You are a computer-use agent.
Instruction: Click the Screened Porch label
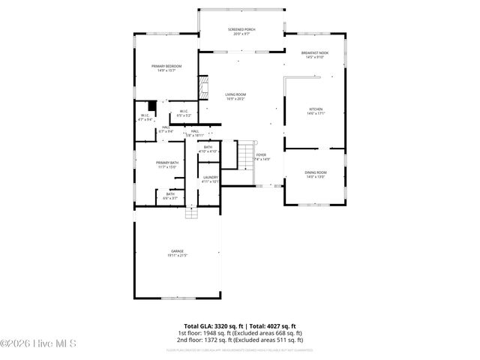click(241, 31)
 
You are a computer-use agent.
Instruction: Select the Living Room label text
click(236, 96)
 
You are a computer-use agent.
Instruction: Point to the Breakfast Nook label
click(316, 54)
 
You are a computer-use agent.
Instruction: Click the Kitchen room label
click(316, 111)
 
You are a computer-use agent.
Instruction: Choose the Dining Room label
click(316, 174)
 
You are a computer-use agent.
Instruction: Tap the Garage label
click(177, 253)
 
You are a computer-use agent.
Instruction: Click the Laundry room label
click(210, 179)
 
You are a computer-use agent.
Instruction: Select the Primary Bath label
click(167, 164)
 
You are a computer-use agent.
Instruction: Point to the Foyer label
click(261, 157)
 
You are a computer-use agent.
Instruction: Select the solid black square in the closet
click(151, 106)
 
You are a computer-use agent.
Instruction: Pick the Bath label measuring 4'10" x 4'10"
click(208, 149)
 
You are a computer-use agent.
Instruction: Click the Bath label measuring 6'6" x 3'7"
click(170, 196)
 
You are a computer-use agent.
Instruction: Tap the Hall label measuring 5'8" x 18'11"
click(194, 133)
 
